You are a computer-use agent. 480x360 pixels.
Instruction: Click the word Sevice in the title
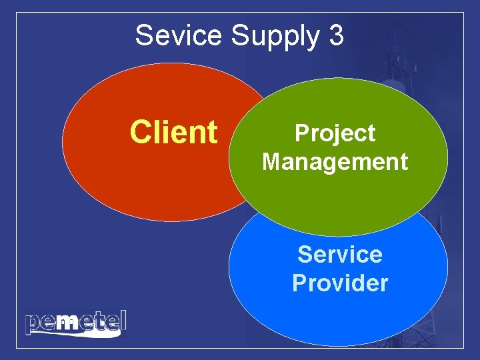click(179, 35)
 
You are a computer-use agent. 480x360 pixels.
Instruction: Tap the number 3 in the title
click(336, 35)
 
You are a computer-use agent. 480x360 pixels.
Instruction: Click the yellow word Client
click(174, 132)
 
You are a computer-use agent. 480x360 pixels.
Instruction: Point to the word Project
click(335, 133)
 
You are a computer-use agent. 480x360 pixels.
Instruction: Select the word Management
click(335, 161)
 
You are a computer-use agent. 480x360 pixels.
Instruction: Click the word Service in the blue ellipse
click(340, 254)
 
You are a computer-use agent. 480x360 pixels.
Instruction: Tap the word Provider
click(340, 283)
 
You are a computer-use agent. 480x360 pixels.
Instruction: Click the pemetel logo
click(75, 323)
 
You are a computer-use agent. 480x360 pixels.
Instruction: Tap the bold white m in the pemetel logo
click(67, 323)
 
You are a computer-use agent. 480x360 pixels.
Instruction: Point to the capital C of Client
click(141, 132)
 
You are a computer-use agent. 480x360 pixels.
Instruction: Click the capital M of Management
click(273, 161)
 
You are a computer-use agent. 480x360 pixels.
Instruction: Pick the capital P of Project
click(302, 133)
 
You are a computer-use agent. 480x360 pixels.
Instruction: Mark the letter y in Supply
click(311, 39)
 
